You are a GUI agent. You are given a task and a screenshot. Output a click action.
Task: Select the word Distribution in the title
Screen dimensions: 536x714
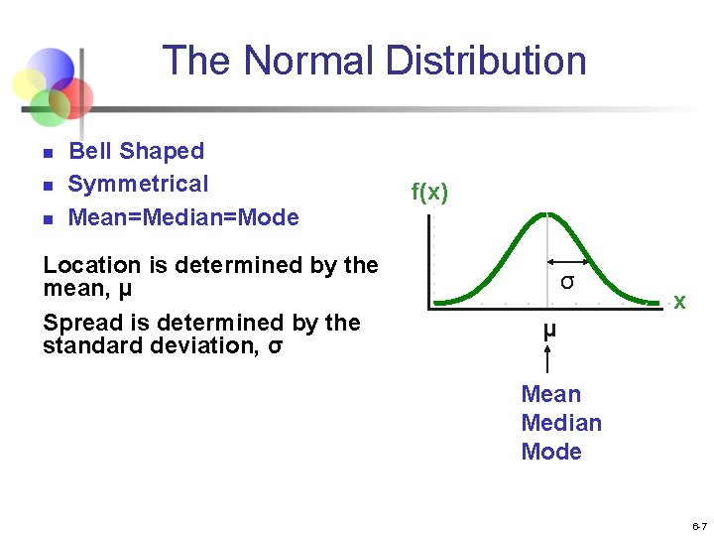tap(486, 61)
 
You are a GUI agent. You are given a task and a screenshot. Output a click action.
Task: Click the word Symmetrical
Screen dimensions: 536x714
tap(138, 184)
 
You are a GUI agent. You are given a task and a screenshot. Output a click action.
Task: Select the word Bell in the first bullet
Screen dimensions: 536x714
tap(89, 151)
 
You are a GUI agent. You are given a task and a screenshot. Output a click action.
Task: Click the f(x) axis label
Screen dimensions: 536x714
tap(429, 192)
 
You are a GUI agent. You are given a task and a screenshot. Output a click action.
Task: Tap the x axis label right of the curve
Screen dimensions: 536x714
tap(679, 301)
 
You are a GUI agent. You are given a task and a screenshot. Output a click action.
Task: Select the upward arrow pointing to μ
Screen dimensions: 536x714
tap(548, 357)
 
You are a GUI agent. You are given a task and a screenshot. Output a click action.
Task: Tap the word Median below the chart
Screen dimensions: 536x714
tap(561, 423)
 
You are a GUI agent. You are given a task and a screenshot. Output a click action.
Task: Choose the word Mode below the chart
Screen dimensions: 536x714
tap(551, 452)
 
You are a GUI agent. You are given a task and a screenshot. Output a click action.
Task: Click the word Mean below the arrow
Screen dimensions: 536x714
tap(551, 394)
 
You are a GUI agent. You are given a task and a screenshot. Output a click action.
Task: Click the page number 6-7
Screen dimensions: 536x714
tap(699, 525)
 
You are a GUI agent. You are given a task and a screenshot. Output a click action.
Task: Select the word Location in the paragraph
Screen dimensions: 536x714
tap(92, 265)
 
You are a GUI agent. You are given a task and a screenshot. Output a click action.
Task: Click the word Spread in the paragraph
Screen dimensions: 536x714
tap(81, 323)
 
